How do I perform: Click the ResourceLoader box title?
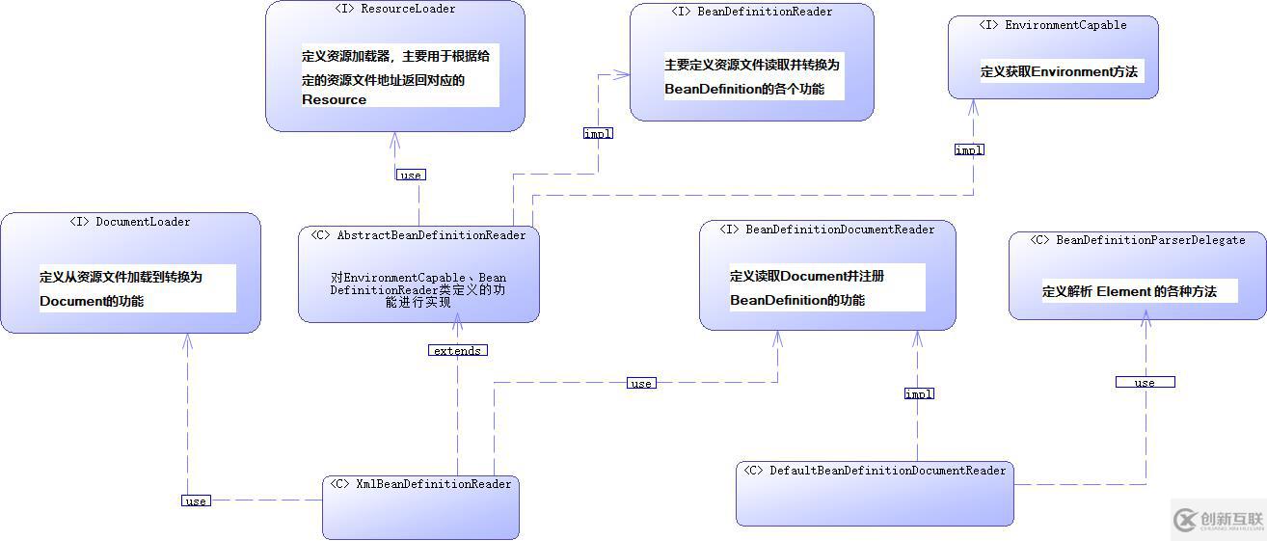click(394, 10)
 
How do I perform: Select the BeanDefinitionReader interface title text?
click(751, 12)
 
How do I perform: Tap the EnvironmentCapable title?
click(1052, 25)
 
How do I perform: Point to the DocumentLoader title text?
click(130, 222)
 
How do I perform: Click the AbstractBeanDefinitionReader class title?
click(418, 235)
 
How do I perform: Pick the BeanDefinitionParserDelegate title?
click(1137, 240)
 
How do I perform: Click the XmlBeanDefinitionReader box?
click(420, 505)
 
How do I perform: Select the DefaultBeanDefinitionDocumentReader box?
click(875, 493)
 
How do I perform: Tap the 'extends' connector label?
click(457, 351)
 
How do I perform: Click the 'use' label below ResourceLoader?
click(411, 175)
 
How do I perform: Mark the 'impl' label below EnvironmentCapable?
click(969, 150)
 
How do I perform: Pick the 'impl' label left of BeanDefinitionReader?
click(598, 134)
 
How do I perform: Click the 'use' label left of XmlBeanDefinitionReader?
click(196, 500)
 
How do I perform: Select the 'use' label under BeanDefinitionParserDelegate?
click(1145, 383)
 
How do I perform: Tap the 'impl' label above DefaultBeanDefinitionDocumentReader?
click(919, 393)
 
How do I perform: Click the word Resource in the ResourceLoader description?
click(334, 99)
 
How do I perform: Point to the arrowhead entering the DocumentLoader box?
click(188, 339)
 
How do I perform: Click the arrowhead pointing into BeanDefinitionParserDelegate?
click(1146, 325)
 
